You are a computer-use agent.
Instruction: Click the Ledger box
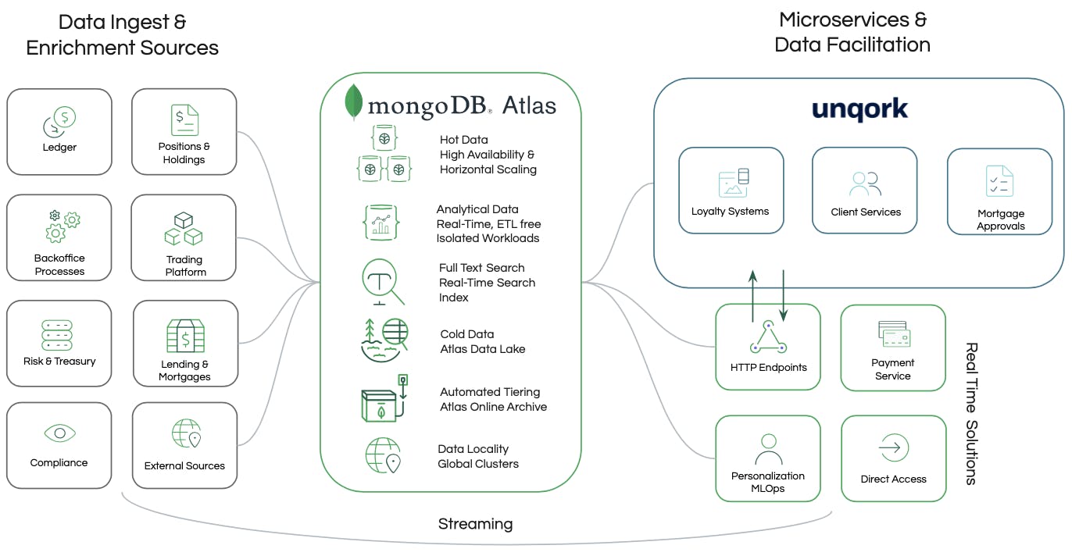click(x=59, y=131)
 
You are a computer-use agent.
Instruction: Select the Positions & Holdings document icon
click(x=184, y=119)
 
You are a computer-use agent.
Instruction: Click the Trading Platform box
click(x=184, y=237)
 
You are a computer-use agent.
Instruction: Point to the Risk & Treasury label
click(x=59, y=362)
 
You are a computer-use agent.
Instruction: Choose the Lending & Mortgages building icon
click(x=185, y=336)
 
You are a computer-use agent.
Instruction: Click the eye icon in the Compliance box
click(x=59, y=433)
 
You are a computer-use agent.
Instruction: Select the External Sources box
click(x=184, y=445)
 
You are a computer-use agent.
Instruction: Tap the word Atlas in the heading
click(x=529, y=105)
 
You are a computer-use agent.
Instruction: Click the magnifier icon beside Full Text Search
click(x=383, y=283)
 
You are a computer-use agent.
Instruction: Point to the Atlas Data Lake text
click(x=482, y=349)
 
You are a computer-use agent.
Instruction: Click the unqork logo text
click(x=859, y=110)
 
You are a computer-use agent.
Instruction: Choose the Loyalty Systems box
click(x=731, y=191)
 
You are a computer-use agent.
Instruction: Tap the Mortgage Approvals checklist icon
click(x=999, y=181)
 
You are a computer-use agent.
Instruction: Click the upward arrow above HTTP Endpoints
click(x=752, y=297)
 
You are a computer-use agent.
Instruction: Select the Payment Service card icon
click(x=893, y=334)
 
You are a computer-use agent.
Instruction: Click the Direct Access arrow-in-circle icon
click(x=893, y=449)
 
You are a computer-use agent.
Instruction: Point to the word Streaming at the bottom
click(x=475, y=524)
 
